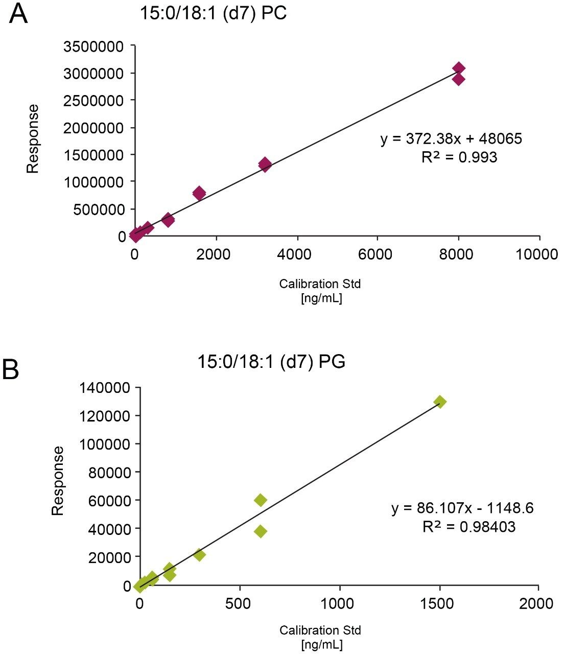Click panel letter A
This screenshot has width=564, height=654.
coord(18,14)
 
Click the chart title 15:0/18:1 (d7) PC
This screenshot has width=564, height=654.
coord(213,14)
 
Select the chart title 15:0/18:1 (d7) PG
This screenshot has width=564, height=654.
coord(271,362)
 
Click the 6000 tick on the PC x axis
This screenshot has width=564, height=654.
coord(377,254)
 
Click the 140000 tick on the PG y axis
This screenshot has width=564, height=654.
coord(106,388)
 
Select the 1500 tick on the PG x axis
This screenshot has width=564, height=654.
coord(439,603)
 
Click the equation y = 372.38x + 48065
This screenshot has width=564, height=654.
coord(451,139)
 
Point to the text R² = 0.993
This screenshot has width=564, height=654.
coord(459,157)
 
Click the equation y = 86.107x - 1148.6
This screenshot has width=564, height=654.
coord(462,508)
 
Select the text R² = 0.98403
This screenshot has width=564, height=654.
coord(468,527)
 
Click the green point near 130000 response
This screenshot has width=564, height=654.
coord(440,402)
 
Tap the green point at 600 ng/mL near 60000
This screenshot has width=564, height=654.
coord(261,500)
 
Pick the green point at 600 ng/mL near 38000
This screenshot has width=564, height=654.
coord(261,531)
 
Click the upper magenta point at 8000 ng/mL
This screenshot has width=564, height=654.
coord(458,68)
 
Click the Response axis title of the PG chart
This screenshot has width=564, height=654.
coord(58,480)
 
